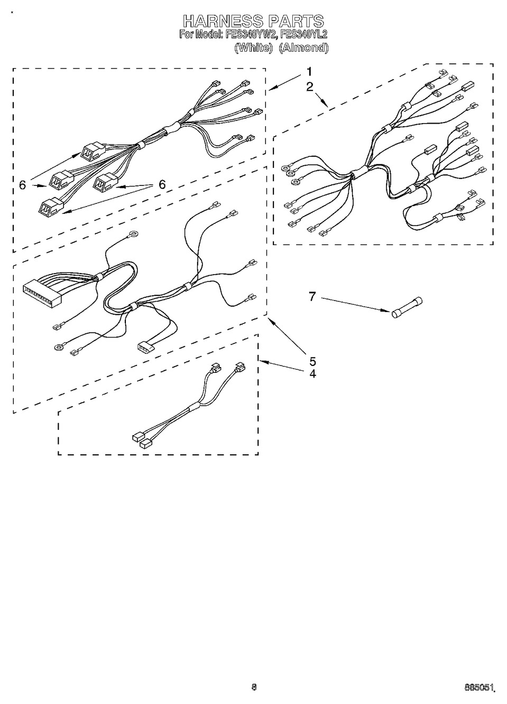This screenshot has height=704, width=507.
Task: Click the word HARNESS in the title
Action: (x=223, y=21)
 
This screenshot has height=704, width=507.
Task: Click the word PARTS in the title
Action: (x=296, y=21)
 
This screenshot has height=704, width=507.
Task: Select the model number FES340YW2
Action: (x=251, y=34)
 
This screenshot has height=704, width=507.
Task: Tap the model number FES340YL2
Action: (x=304, y=34)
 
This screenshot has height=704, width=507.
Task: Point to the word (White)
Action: (x=253, y=48)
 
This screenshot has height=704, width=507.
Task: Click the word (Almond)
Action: (x=304, y=48)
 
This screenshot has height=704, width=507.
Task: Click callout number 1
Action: (x=309, y=72)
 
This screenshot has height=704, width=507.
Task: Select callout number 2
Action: (x=310, y=87)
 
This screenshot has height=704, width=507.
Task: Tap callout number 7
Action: (x=312, y=296)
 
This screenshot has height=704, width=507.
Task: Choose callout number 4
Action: (x=312, y=374)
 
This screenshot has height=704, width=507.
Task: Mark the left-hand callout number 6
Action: (x=22, y=185)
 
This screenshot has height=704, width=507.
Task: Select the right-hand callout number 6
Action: (x=162, y=184)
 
